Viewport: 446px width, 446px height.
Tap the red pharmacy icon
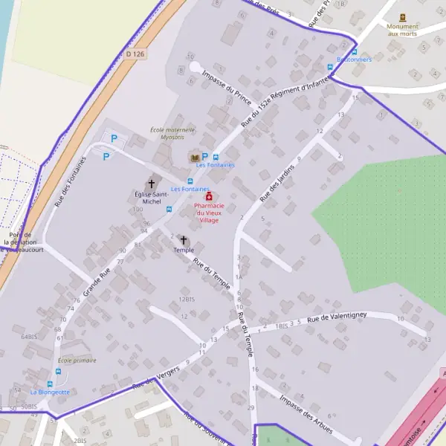[208, 196]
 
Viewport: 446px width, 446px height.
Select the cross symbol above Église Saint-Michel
[152, 183]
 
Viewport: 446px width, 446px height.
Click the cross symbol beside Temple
[183, 240]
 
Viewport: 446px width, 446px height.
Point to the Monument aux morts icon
[403, 16]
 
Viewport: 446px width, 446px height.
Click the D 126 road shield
[134, 54]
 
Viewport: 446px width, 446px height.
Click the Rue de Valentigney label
[338, 317]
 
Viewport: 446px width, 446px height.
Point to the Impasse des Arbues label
[306, 410]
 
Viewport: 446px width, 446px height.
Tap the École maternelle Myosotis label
[172, 133]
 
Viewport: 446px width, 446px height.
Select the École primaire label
[77, 361]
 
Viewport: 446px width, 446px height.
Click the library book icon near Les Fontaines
[194, 158]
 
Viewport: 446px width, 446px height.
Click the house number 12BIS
[186, 299]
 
